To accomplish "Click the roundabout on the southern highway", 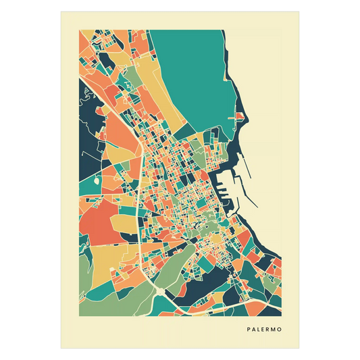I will [157, 288].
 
